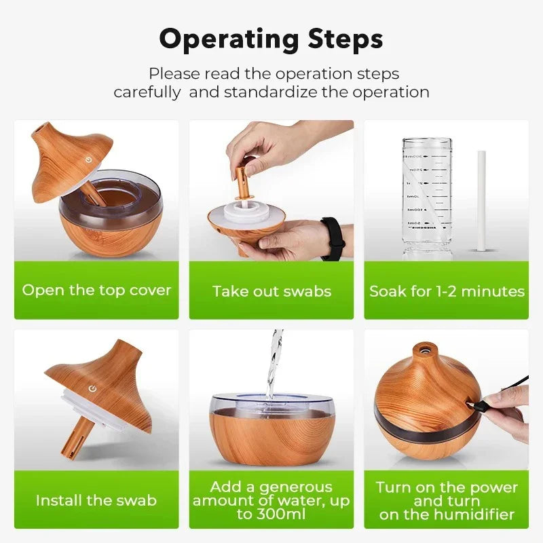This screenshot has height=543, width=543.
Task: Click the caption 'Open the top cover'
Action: coord(96,290)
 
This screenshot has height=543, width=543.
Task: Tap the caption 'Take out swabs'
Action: coord(271,291)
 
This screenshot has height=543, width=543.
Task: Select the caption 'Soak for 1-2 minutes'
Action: coord(447,291)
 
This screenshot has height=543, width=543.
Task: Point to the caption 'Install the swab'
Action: coord(96,500)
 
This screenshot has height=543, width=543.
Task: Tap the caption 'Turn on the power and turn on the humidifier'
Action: coord(447,501)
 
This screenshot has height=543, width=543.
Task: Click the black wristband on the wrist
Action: coord(333,238)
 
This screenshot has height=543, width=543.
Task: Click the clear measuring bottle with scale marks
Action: coord(426,197)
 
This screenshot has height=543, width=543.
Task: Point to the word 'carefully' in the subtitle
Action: coord(147,92)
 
